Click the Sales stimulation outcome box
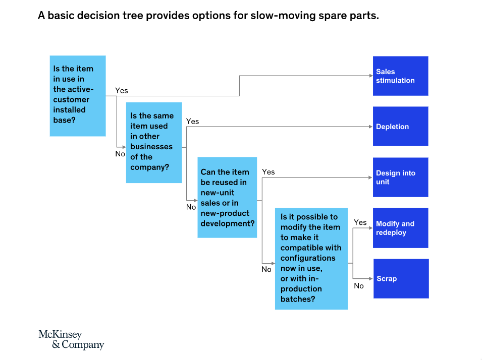point(401,76)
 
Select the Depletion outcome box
point(401,126)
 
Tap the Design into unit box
point(401,177)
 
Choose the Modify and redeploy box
point(401,228)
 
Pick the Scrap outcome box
point(401,279)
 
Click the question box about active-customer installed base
point(78,96)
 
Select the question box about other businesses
point(154,143)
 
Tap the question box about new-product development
point(227,198)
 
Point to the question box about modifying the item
point(311,259)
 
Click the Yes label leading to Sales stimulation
point(122,91)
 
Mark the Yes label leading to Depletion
point(192,122)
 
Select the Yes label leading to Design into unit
point(269,172)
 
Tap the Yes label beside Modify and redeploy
point(360,222)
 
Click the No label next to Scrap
point(359,286)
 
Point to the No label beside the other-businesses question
point(120,154)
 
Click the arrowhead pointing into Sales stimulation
point(371,76)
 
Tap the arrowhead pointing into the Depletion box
point(371,127)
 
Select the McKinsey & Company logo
point(71,339)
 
